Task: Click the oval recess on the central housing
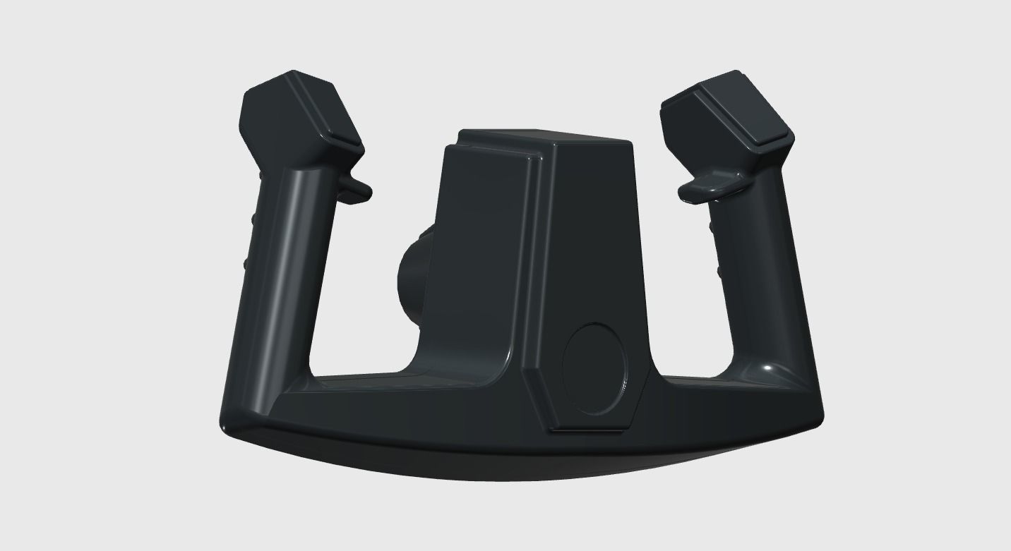(594, 368)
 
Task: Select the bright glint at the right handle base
(768, 369)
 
